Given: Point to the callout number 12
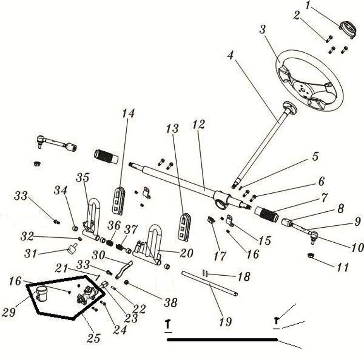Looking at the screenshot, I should pyautogui.click(x=197, y=125).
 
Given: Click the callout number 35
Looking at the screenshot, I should pyautogui.click(x=83, y=177).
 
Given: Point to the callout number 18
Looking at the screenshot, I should pyautogui.click(x=244, y=277).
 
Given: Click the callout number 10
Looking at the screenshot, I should pyautogui.click(x=357, y=247).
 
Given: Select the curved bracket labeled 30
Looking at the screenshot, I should pyautogui.click(x=124, y=268).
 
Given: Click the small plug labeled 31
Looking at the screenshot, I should pyautogui.click(x=73, y=249).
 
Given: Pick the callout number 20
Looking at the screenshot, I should pyautogui.click(x=186, y=253).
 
